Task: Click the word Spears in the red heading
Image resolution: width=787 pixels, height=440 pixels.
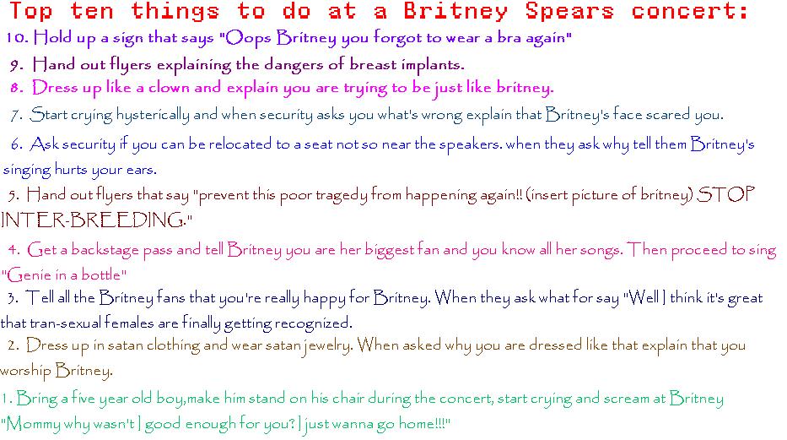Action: pos(569,12)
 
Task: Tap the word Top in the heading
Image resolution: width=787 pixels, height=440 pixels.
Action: pos(30,12)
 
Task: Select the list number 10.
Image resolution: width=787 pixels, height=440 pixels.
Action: pos(17,38)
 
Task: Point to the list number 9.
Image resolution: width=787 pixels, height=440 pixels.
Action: pos(17,65)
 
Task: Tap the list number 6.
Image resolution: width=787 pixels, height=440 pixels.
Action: pos(17,145)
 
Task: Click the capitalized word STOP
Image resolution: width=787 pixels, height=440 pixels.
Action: pos(725,194)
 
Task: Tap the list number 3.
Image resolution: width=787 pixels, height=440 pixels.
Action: pos(13,298)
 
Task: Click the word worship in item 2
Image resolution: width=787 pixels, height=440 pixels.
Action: pos(25,372)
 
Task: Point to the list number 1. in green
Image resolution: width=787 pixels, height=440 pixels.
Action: pos(7,399)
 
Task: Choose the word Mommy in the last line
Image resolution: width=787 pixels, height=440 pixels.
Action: pos(34,424)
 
